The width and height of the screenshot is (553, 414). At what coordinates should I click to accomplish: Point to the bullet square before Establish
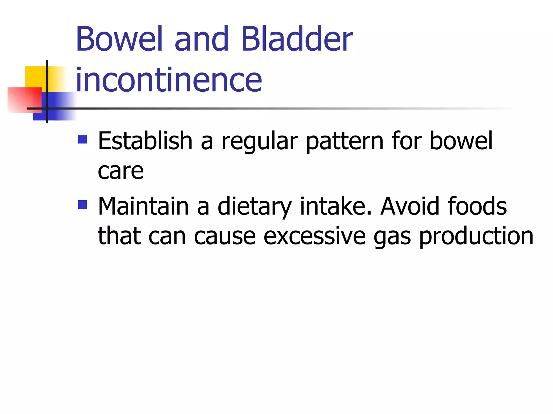pos(82,139)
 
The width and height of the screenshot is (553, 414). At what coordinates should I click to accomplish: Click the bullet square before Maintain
pos(82,205)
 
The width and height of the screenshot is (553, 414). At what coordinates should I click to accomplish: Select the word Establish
pos(145,141)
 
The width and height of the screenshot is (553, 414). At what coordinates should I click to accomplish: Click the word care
pos(120,171)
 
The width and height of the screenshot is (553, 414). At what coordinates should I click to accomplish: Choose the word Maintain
pos(143,206)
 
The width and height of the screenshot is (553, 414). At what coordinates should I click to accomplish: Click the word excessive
pos(315,236)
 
